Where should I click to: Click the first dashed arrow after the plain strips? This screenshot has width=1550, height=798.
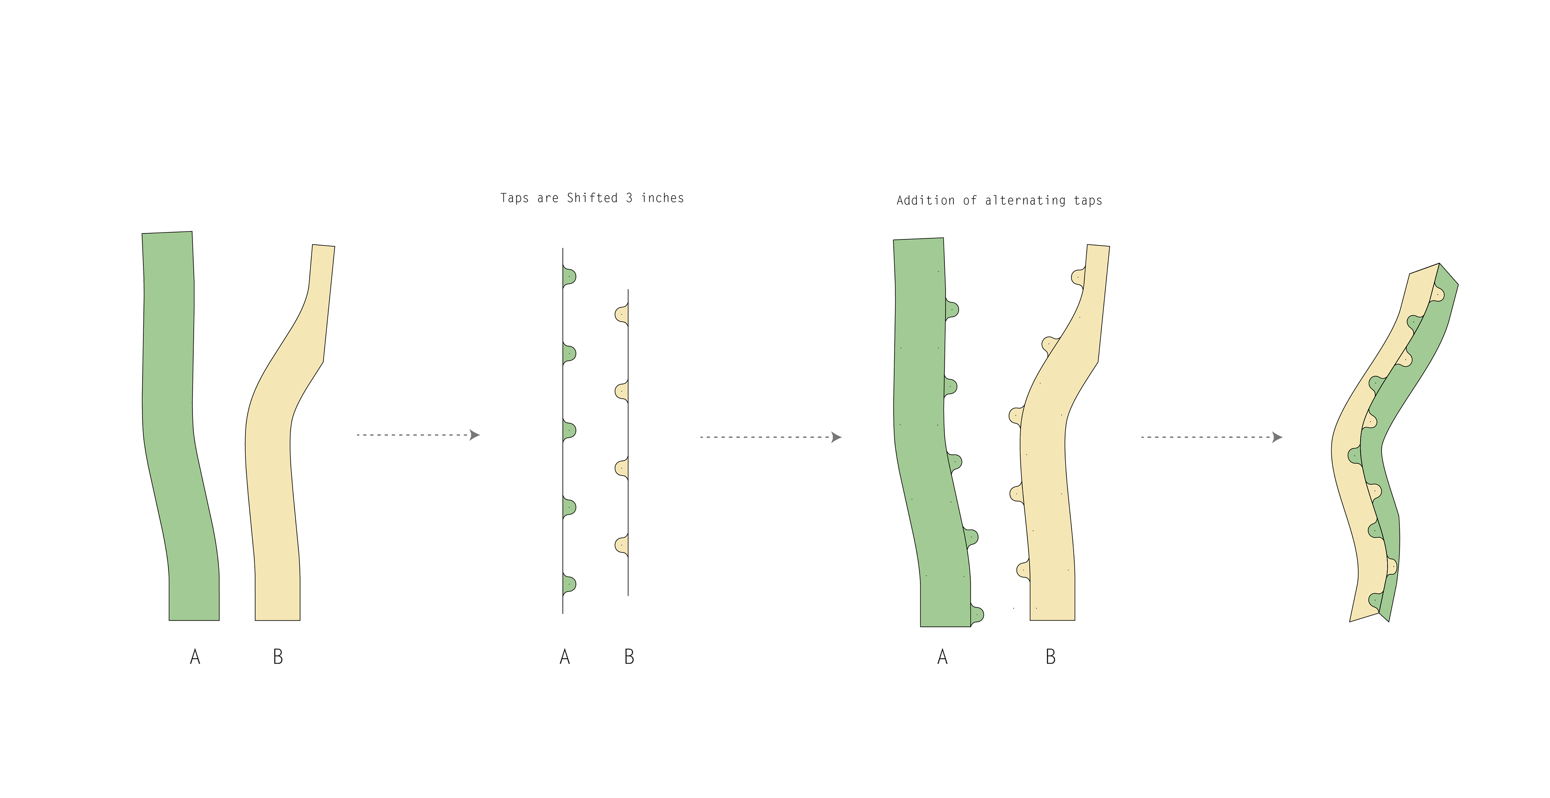[418, 434]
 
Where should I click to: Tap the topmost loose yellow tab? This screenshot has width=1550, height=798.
[622, 314]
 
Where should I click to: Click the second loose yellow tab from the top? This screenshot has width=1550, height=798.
[622, 391]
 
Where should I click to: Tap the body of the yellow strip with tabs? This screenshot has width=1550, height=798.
[1047, 482]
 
